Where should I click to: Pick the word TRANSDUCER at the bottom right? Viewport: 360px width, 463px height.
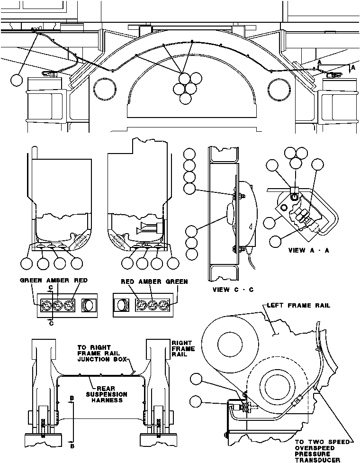point(318,459)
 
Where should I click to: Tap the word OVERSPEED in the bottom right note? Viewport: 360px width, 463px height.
point(315,447)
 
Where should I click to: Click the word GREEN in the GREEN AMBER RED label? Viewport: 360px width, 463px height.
point(31,281)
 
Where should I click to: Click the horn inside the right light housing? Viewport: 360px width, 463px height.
point(148,230)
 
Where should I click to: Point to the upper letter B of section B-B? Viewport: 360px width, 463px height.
point(72,399)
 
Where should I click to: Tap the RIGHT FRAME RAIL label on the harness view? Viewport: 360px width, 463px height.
point(180,347)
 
